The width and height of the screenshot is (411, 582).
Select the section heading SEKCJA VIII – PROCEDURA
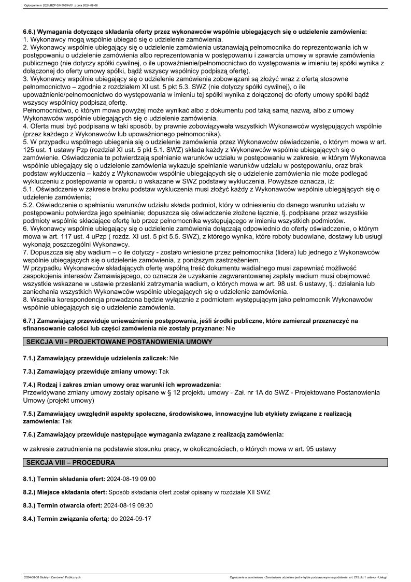pyautogui.click(x=70, y=462)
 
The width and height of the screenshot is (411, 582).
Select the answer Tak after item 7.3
pyautogui.click(x=164, y=372)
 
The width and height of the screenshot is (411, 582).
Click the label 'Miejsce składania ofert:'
pyautogui.click(x=73, y=492)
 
